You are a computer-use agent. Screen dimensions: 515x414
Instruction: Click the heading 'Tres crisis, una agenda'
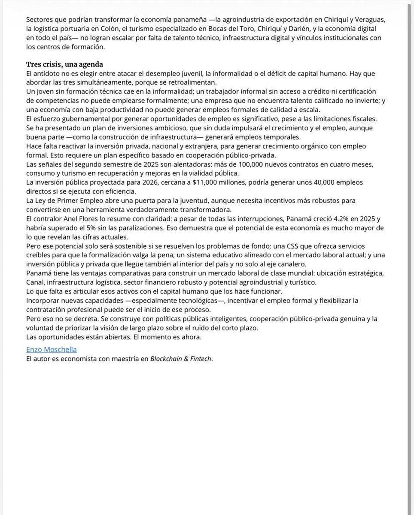pyautogui.click(x=64, y=65)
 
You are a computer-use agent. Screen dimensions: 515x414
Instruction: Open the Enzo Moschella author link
pyautogui.click(x=52, y=349)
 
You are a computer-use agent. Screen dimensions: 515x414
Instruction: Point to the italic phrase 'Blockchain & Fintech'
pyautogui.click(x=181, y=358)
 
